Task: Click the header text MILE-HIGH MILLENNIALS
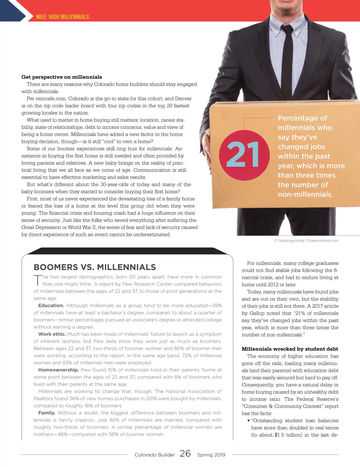(62, 17)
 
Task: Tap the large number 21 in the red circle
(243, 155)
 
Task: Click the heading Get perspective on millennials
(61, 77)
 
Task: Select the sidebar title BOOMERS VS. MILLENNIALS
(95, 267)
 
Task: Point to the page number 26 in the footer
(185, 454)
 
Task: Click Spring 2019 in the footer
(211, 455)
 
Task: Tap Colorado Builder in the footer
(154, 455)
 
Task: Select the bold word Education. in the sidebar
(51, 305)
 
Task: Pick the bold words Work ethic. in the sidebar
(52, 334)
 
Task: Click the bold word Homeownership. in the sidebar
(58, 370)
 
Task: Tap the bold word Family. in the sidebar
(47, 413)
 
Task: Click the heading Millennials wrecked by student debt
(290, 349)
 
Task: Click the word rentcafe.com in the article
(50, 99)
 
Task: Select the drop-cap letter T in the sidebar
(37, 280)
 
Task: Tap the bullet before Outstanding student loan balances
(248, 421)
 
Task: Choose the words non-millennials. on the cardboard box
(305, 194)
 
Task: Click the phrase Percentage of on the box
(302, 118)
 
